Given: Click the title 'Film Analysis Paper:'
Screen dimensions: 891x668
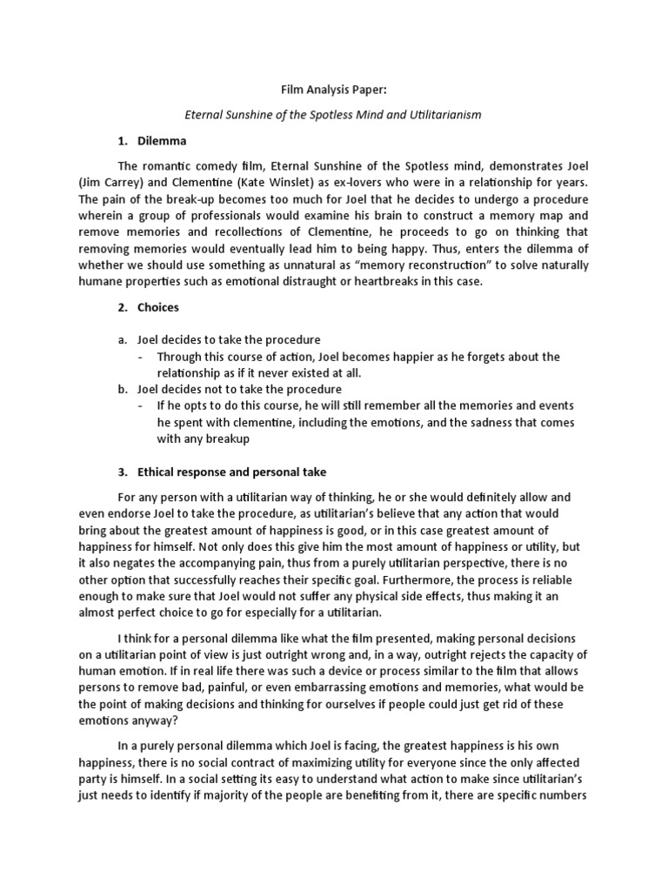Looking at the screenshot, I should click(x=333, y=88).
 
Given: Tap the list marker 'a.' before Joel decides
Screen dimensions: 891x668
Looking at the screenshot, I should click(x=122, y=340).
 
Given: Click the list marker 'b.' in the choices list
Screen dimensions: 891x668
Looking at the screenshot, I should click(x=122, y=389).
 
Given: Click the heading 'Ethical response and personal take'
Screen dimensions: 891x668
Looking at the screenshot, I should click(x=232, y=472).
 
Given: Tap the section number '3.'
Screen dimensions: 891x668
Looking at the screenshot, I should click(x=122, y=472).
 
